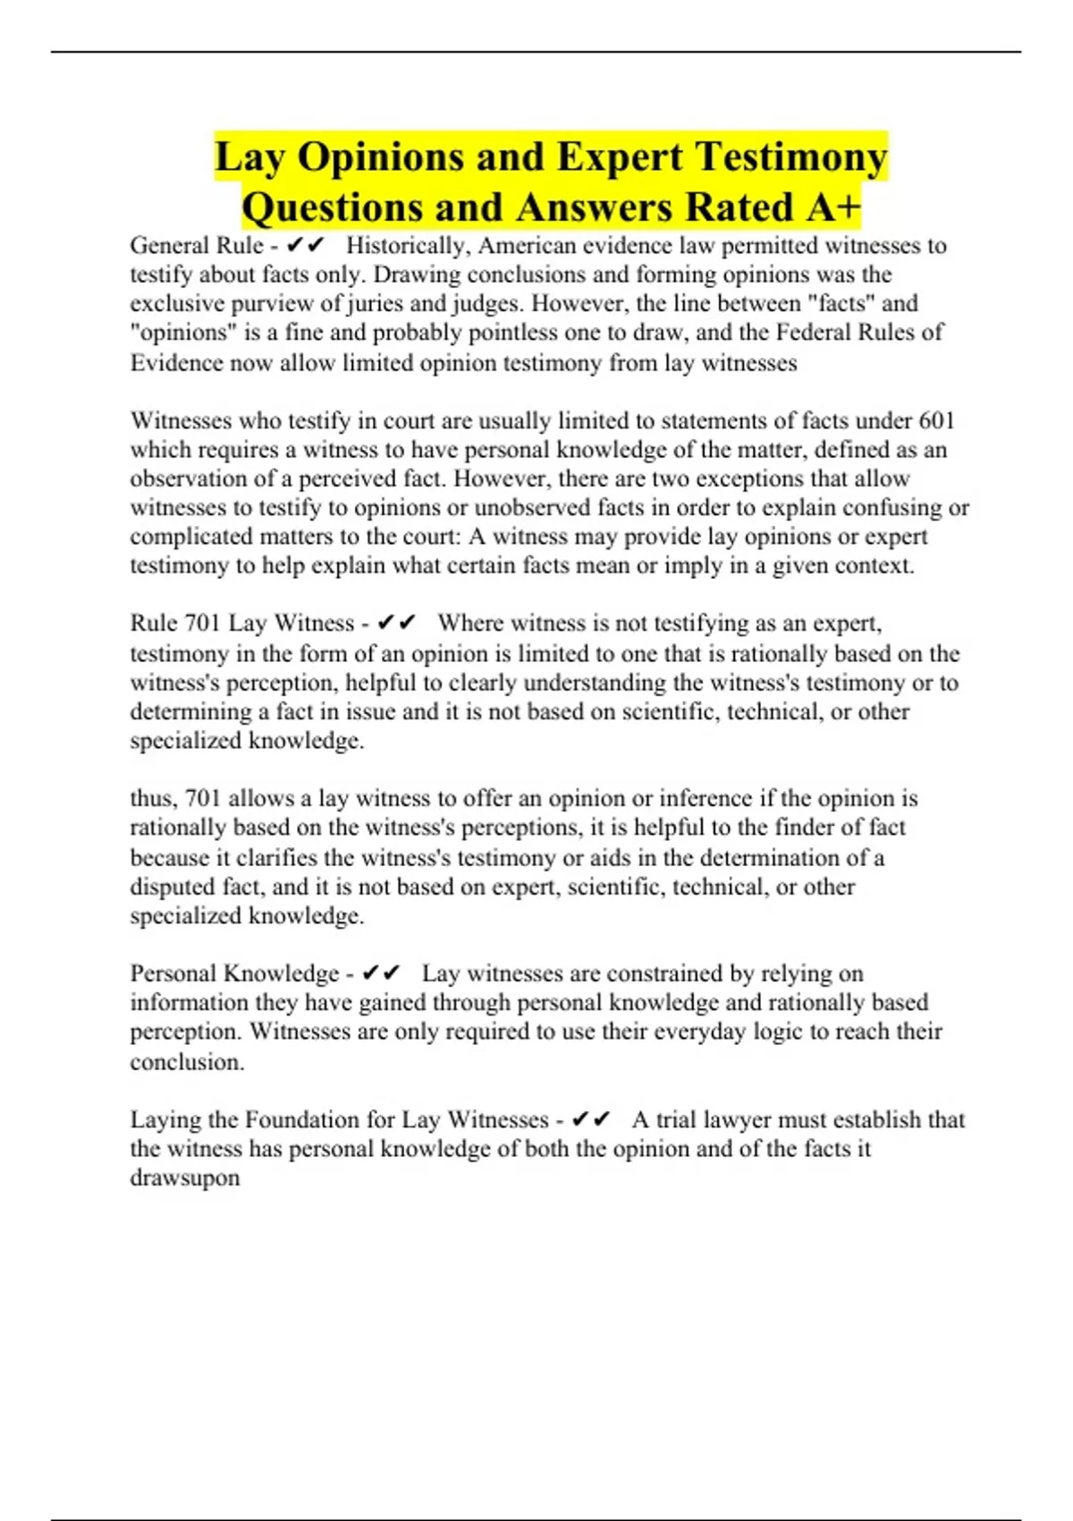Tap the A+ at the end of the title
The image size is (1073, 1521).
(x=832, y=208)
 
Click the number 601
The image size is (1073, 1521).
(x=936, y=421)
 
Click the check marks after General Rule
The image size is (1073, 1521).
(x=306, y=245)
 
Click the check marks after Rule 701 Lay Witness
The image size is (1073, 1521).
(x=397, y=623)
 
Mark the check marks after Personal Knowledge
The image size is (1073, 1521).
(x=382, y=973)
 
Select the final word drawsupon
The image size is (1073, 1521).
(x=185, y=1177)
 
